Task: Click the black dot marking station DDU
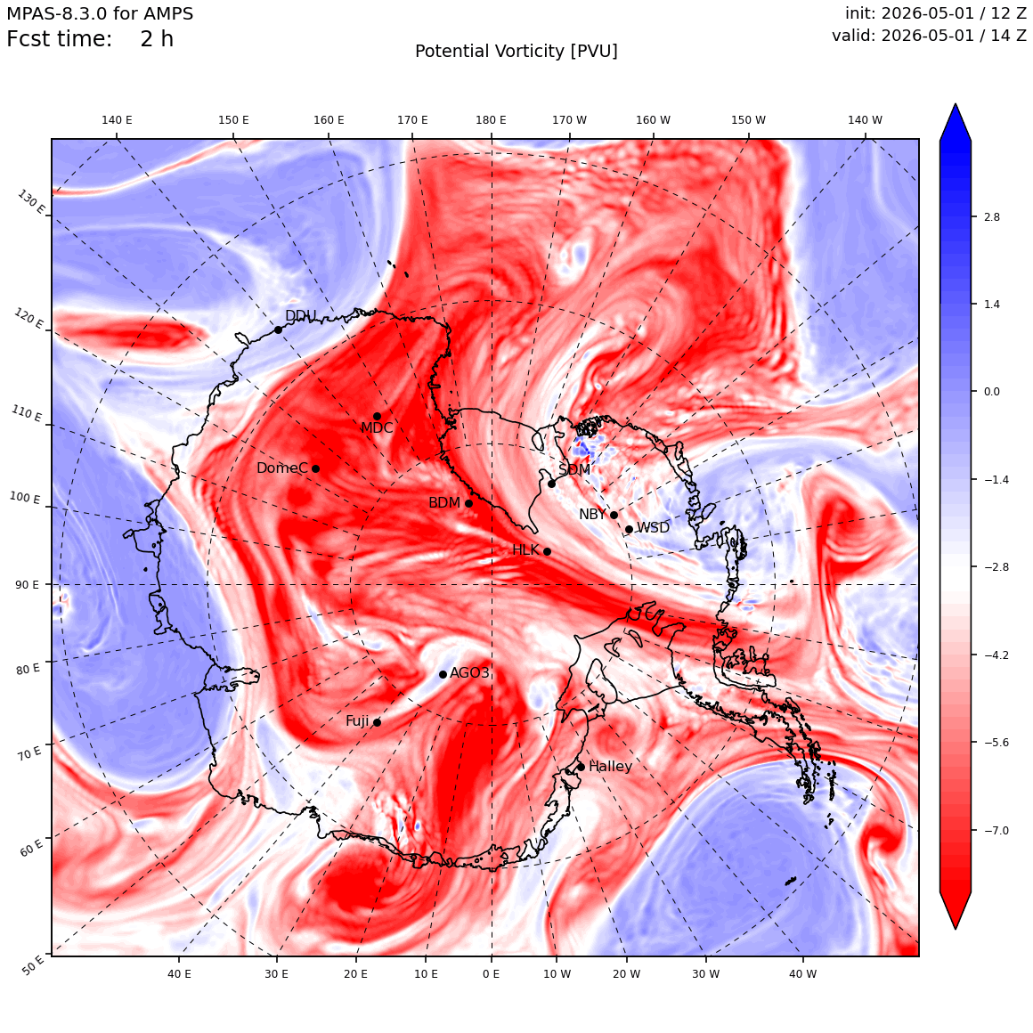278,329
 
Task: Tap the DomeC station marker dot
315,468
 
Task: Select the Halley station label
610,766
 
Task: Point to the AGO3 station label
469,672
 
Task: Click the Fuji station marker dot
377,722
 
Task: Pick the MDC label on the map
377,427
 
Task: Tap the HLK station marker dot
547,551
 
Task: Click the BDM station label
444,502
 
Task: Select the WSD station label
653,528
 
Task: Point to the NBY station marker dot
614,516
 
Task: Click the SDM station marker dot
551,484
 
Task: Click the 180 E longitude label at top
491,120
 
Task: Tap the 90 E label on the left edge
27,584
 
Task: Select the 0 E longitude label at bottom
491,973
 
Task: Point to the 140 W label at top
865,120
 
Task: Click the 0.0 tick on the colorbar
991,391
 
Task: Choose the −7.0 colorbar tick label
996,830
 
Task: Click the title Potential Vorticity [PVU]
516,52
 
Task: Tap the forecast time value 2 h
157,39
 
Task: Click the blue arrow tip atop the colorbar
956,104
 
